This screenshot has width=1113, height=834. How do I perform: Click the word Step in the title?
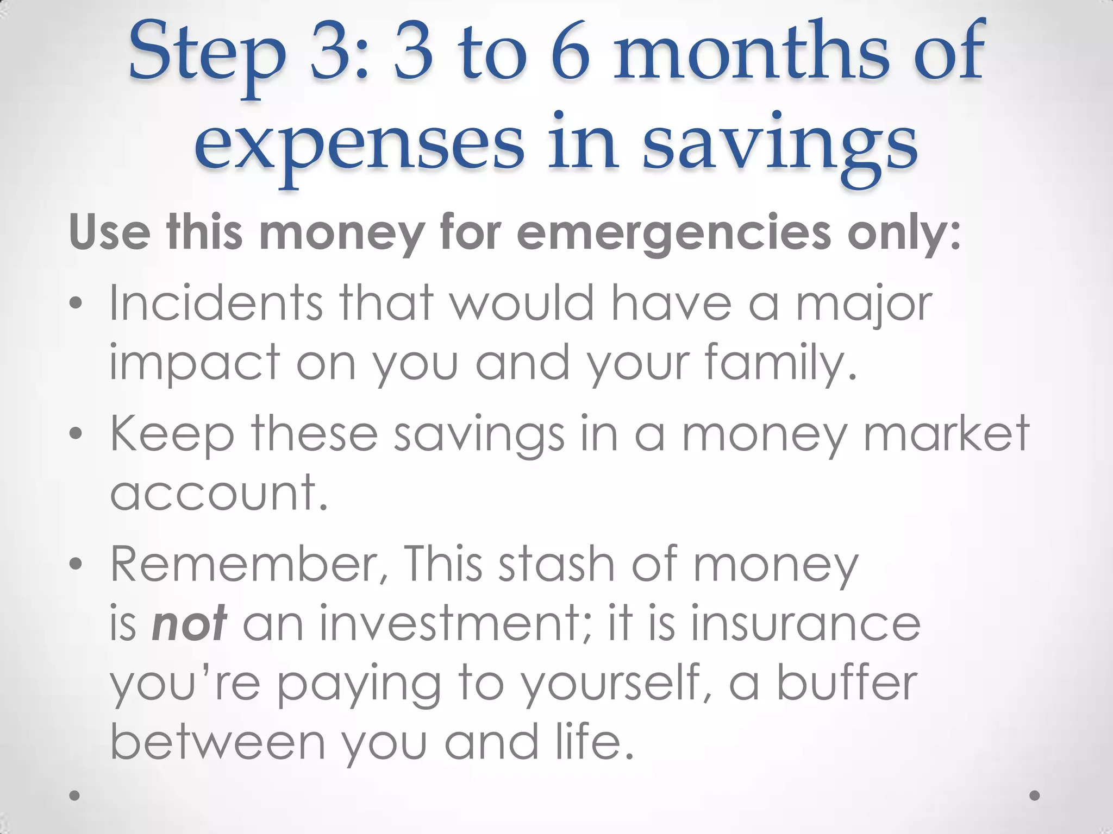pyautogui.click(x=207, y=57)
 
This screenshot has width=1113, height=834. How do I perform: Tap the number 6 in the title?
pyautogui.click(x=571, y=54)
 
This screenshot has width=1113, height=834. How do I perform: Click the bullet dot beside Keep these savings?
pyautogui.click(x=76, y=434)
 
